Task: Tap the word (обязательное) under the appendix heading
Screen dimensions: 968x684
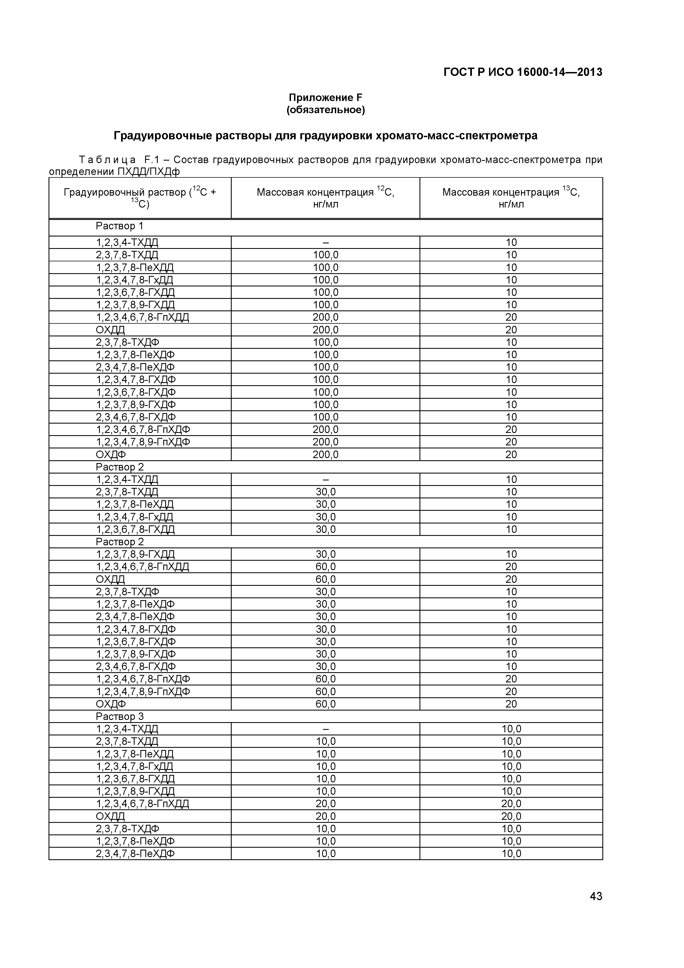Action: click(x=325, y=110)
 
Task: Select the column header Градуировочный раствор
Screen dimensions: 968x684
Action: click(x=140, y=198)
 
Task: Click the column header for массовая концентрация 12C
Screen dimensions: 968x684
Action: click(x=325, y=198)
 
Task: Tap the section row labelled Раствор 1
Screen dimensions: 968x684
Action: click(x=120, y=226)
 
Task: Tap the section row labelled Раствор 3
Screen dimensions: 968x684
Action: click(x=120, y=716)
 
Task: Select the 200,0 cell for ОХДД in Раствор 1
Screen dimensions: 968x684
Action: click(x=325, y=330)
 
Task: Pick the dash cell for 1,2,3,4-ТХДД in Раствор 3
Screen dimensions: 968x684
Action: click(x=325, y=729)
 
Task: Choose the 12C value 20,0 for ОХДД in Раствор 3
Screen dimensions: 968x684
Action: click(x=325, y=816)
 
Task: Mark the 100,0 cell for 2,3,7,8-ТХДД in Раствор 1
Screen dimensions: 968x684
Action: click(x=325, y=255)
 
